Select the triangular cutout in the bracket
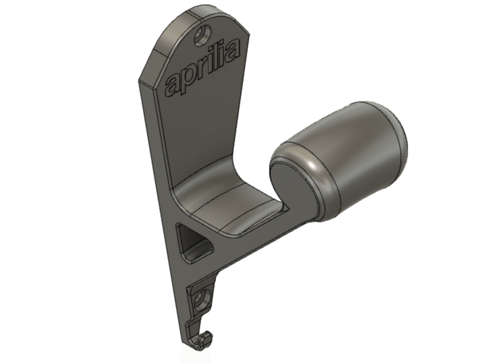194,243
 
